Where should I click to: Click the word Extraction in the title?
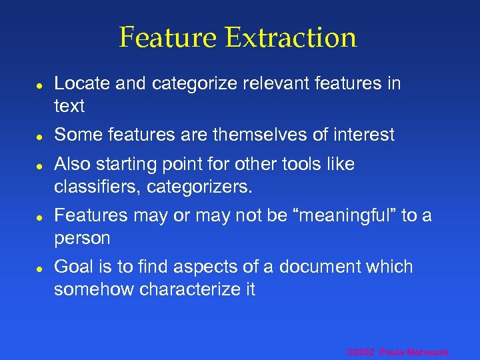coord(291,37)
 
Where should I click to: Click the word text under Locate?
coord(69,106)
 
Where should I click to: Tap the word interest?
coord(364,135)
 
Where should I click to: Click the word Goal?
coord(74,267)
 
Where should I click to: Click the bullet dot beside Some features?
coord(40,136)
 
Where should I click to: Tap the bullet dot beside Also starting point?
coord(40,165)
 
